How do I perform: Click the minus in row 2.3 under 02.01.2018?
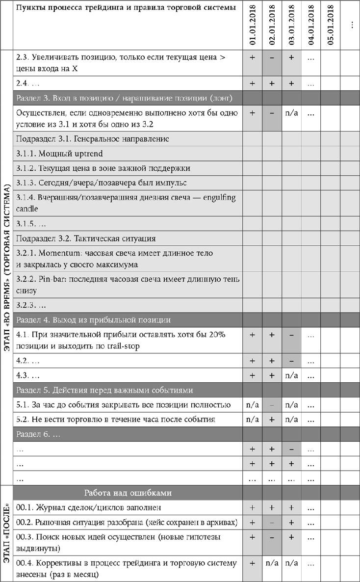point(272,57)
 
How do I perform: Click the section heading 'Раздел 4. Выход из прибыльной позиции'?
point(93,320)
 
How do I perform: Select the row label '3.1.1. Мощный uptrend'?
point(59,154)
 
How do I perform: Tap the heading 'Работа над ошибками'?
point(128,493)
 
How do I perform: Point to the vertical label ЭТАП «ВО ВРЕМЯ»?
point(6,267)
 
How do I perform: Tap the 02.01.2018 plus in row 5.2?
point(272,420)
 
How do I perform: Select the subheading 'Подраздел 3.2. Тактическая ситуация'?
point(86,238)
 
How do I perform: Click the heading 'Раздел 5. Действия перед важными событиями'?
point(104,391)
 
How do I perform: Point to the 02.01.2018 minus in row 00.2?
point(272,522)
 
